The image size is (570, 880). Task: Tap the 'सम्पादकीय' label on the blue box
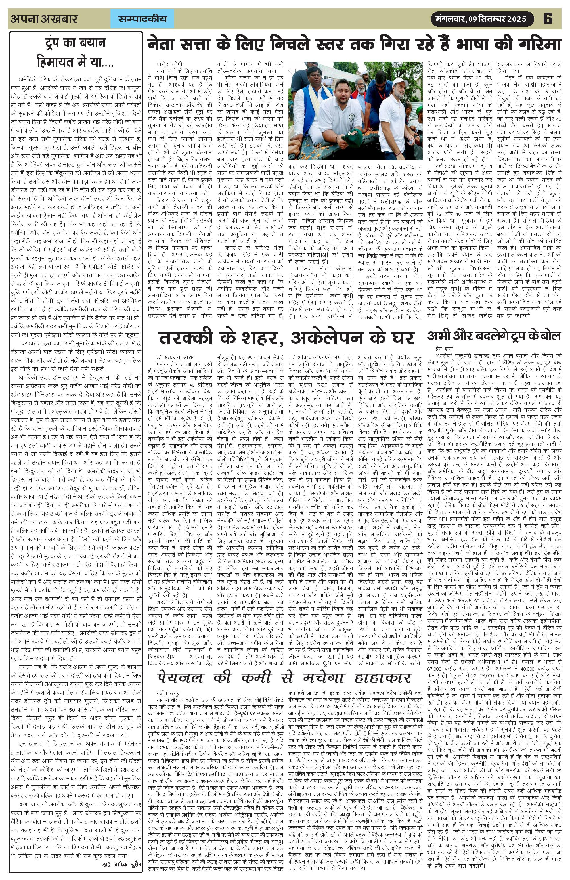(142, 19)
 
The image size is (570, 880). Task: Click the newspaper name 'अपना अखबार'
(44, 19)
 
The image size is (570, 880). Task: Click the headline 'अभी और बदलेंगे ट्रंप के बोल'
(494, 336)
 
